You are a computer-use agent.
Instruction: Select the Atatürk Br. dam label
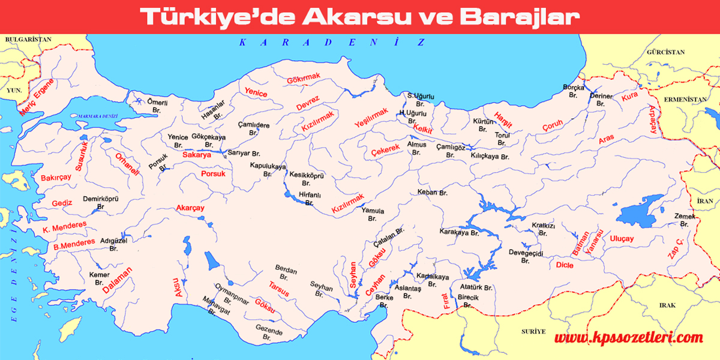[x=475, y=288]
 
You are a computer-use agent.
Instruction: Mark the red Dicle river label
[x=565, y=263]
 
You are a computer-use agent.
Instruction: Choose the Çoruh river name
[x=553, y=126]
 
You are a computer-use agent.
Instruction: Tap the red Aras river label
[x=607, y=139]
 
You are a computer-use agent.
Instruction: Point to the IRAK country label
[x=667, y=305]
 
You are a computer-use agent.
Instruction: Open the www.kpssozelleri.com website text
[x=628, y=338]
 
